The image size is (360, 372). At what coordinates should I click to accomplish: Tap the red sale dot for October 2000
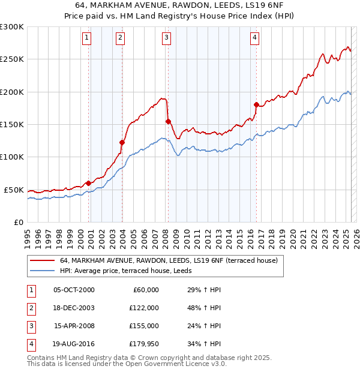[88, 183]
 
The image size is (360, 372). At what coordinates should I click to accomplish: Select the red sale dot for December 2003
[122, 142]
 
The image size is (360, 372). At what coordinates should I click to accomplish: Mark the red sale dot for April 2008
[168, 121]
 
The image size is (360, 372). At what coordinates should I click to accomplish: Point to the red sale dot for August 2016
[256, 105]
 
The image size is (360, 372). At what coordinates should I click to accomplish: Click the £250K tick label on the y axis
[12, 59]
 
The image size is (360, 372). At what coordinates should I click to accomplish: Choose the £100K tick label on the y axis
[12, 157]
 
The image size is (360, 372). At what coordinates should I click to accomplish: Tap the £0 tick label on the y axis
[18, 222]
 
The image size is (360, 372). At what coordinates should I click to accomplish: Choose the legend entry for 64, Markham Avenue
[168, 261]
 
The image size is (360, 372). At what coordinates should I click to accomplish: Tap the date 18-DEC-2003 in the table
[74, 308]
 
